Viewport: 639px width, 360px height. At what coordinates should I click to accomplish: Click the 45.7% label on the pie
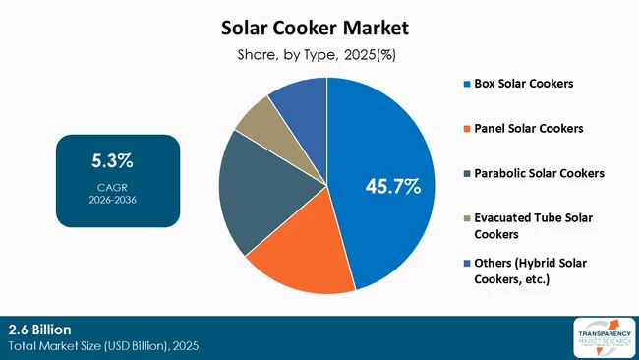click(392, 185)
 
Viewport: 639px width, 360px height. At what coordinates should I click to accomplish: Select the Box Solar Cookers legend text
click(523, 83)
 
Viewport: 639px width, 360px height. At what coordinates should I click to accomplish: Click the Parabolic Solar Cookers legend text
click(539, 173)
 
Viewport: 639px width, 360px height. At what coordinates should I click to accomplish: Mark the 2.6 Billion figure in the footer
click(38, 329)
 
